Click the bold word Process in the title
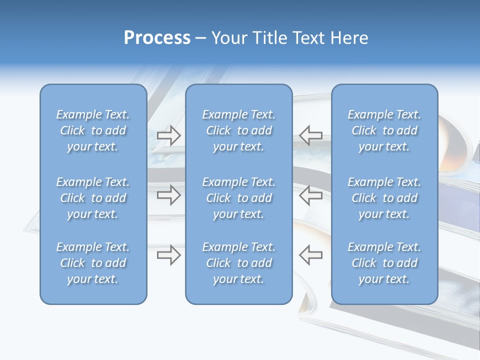pos(157,38)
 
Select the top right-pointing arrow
pos(169,135)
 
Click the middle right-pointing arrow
pos(169,195)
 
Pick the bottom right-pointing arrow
pos(169,254)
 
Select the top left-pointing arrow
pos(310,135)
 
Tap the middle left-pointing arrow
pos(310,195)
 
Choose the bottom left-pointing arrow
pos(310,254)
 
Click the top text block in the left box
pos(93,130)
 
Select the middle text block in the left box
pos(93,198)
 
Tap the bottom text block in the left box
pos(93,263)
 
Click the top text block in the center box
pos(239,130)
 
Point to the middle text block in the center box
pos(239,198)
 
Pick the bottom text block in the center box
pos(239,263)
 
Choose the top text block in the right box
pos(384,130)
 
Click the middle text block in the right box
pos(384,198)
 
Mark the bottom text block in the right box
pos(384,263)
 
